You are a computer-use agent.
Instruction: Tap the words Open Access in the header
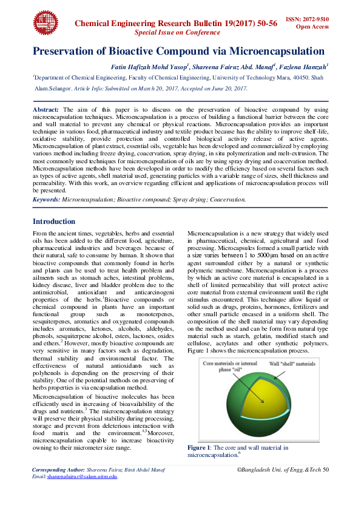tap(312, 27)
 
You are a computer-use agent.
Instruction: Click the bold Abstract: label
tap(46, 107)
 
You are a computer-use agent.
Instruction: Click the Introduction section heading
tap(54, 222)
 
